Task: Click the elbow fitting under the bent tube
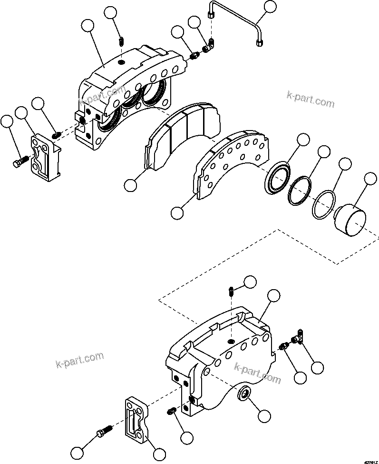click(x=208, y=46)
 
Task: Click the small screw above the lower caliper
click(x=231, y=290)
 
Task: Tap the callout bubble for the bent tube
click(x=270, y=7)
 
